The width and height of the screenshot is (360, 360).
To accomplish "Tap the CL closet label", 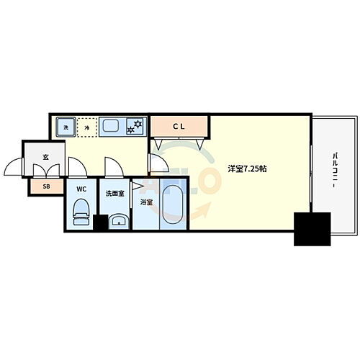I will [179, 127].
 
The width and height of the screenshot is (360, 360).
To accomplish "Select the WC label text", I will [81, 190].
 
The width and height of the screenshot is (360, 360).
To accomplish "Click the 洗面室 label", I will [115, 193].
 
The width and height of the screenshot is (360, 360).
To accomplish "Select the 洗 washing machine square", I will [65, 127].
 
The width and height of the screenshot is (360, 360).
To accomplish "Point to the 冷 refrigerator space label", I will [86, 127].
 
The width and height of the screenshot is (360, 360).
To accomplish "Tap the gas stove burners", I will [134, 127].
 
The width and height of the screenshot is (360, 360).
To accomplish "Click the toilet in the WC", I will [81, 212].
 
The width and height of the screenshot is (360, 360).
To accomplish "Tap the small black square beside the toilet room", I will [100, 223].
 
